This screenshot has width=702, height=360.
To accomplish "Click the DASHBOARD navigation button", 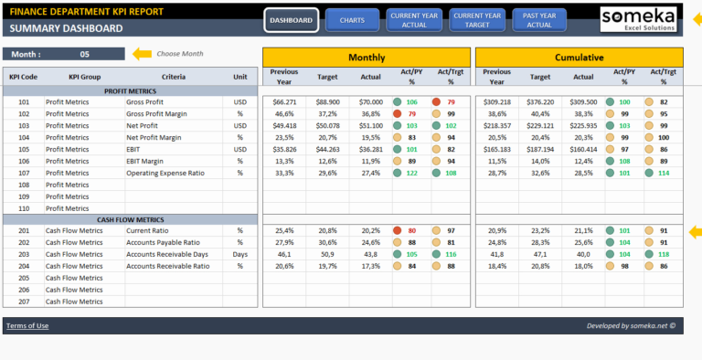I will pyautogui.click(x=292, y=20).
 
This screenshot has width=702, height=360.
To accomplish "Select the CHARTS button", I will pyautogui.click(x=352, y=20).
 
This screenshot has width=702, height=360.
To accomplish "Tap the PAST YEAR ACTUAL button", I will pyautogui.click(x=538, y=20).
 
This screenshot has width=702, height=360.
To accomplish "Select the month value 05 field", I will pyautogui.click(x=85, y=54).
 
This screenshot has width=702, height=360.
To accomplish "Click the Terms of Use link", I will pyautogui.click(x=27, y=325).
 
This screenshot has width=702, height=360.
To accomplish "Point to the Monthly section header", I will pyautogui.click(x=366, y=57).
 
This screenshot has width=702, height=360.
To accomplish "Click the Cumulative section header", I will pyautogui.click(x=578, y=57).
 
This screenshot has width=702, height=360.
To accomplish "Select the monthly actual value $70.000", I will pyautogui.click(x=370, y=102).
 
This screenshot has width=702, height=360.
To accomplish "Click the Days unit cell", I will pyautogui.click(x=240, y=254).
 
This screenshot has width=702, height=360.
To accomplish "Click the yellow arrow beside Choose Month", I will pyautogui.click(x=142, y=54).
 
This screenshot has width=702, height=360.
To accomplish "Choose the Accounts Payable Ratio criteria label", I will pyautogui.click(x=163, y=242).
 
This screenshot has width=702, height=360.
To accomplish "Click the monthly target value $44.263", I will pyautogui.click(x=327, y=149).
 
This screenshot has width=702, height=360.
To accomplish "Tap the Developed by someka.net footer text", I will pyautogui.click(x=631, y=325).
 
